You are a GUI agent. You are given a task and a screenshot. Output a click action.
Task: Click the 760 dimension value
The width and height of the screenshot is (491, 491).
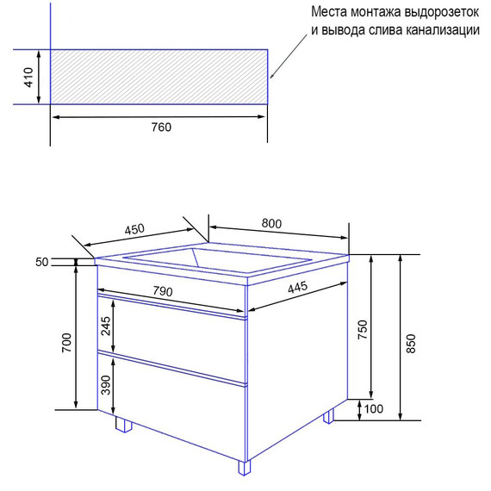[x=161, y=127]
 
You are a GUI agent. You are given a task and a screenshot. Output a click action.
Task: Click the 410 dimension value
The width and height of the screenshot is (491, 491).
[x=28, y=78]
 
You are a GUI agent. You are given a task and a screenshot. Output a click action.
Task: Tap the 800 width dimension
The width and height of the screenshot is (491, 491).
[x=271, y=223]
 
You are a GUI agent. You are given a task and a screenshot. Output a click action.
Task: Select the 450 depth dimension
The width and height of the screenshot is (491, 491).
[x=134, y=230]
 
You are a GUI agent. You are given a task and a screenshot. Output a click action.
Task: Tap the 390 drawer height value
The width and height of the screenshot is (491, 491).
[x=106, y=384]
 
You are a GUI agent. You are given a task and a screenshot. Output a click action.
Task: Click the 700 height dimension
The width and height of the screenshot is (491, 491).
[x=67, y=345]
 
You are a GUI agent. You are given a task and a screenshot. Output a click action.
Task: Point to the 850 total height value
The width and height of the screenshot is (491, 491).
[x=411, y=343]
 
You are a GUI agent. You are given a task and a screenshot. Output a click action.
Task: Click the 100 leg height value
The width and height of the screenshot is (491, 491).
[x=374, y=409]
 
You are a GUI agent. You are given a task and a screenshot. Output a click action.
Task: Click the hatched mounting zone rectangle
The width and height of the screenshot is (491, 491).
[x=159, y=77]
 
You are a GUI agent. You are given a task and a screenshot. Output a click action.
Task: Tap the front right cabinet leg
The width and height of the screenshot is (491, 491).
[x=245, y=469]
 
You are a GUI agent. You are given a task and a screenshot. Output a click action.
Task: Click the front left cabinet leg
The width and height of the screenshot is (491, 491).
[x=123, y=425]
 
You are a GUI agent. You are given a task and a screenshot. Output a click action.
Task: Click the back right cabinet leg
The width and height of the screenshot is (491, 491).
[x=328, y=416]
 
